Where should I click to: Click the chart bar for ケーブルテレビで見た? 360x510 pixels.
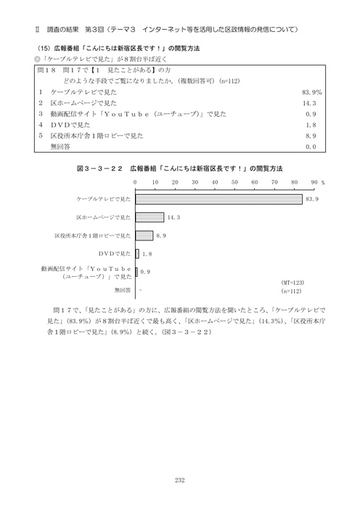(x=218, y=198)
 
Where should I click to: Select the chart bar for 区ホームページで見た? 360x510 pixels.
(x=150, y=217)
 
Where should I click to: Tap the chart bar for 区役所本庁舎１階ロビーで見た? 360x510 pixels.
(x=144, y=235)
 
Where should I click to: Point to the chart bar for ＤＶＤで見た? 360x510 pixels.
(x=137, y=254)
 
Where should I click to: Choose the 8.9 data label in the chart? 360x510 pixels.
(x=161, y=235)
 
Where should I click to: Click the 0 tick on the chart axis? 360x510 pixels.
(x=136, y=184)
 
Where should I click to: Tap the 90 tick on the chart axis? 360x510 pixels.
(x=314, y=184)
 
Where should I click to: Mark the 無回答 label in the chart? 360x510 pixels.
(x=123, y=290)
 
